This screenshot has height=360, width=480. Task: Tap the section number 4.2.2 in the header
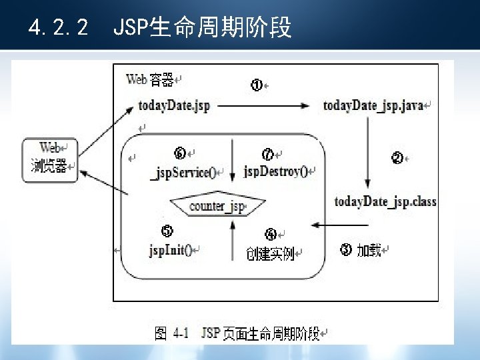(x=59, y=28)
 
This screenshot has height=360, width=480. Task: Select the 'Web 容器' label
(x=150, y=80)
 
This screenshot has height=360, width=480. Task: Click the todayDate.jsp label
(x=173, y=106)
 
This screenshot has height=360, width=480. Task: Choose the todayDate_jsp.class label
(x=385, y=201)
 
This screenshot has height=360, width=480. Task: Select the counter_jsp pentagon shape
(x=217, y=206)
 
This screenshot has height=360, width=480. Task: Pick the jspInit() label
(x=171, y=251)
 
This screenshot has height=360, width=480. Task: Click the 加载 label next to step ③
(x=369, y=251)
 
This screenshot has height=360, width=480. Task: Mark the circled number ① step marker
(x=256, y=85)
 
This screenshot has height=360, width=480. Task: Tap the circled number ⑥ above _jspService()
(x=180, y=154)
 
